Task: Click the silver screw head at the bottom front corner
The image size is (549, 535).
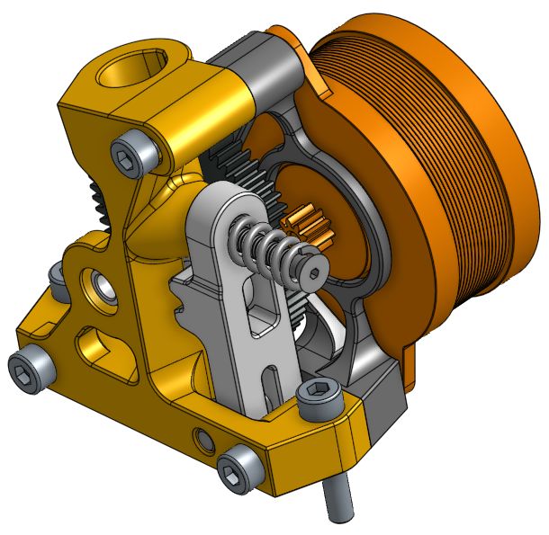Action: point(237,470)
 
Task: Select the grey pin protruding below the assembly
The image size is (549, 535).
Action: point(338,499)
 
